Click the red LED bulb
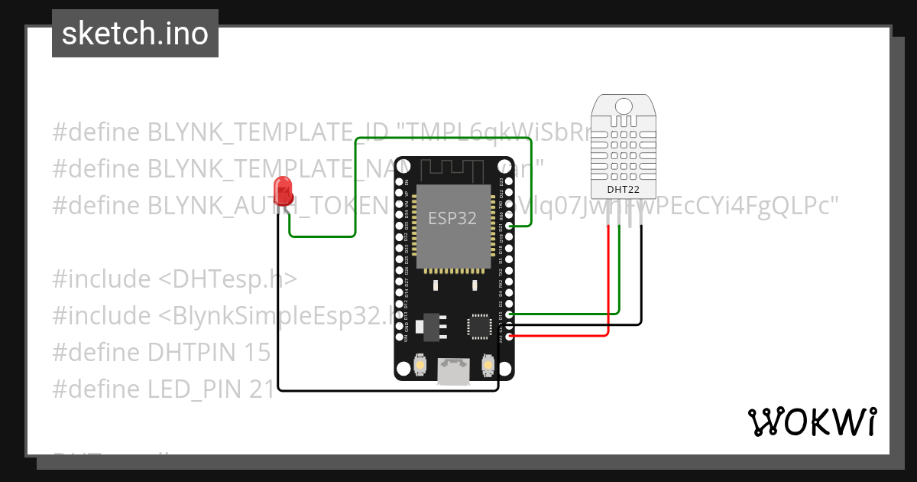(284, 190)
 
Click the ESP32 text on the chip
(452, 219)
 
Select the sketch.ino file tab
(135, 34)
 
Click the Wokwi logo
(812, 422)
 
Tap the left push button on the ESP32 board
(420, 366)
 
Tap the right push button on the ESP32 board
(488, 366)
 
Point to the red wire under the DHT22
(608, 275)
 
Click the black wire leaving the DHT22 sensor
(640, 275)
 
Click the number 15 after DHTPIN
(258, 353)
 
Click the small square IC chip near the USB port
(479, 324)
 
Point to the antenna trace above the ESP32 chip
(452, 168)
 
